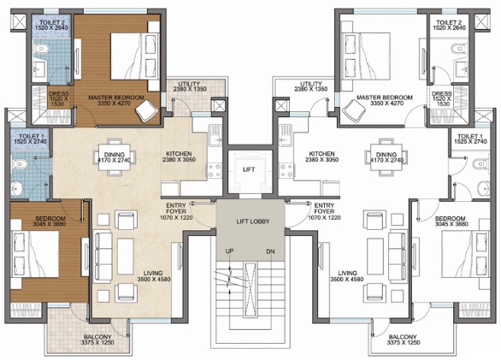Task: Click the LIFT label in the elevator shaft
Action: pos(249,169)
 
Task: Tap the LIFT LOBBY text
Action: pos(253,221)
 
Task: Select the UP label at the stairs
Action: pos(229,251)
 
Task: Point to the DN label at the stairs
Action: pos(270,251)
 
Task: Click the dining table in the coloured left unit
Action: pos(115,157)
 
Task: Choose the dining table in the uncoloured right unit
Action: pos(386,157)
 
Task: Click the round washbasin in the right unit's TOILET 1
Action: pos(483,188)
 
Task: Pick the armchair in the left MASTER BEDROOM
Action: pos(147,110)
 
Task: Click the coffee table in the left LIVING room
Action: pos(126,257)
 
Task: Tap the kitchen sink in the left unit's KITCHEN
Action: pos(215,135)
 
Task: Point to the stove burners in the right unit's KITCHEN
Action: pos(286,171)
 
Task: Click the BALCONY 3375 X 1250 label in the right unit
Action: pos(403,339)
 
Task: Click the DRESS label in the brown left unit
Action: pos(59,94)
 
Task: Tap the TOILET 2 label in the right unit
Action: pos(449,22)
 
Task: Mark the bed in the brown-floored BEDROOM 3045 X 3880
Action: pos(35,253)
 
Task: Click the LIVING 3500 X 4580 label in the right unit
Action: pos(347,276)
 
